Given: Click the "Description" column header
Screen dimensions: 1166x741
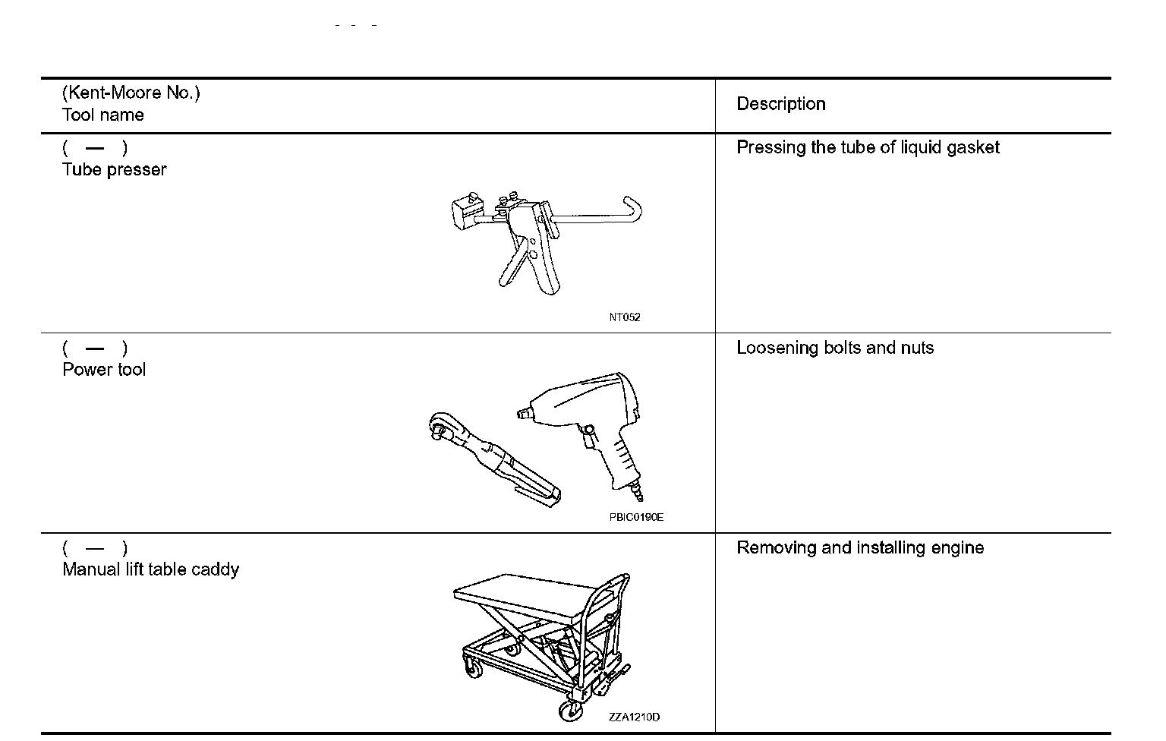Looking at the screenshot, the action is [x=780, y=104].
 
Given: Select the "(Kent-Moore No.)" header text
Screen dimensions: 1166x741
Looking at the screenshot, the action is [x=131, y=93].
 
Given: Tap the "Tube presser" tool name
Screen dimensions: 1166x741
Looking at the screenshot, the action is [x=114, y=169].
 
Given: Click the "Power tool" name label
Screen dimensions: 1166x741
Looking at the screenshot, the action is [x=104, y=370].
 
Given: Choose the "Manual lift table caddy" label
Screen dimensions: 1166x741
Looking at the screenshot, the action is [x=150, y=569].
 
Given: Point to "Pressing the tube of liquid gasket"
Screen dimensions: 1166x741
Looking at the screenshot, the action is [x=868, y=147].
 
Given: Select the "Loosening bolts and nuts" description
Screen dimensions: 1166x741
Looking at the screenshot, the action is [x=835, y=348].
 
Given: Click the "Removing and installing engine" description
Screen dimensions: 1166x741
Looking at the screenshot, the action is [x=860, y=547].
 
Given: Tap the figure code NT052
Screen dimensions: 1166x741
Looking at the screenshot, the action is [x=624, y=317].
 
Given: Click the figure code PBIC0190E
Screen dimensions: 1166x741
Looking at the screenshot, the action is [x=635, y=517].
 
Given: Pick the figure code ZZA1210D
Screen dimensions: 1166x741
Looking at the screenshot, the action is [x=634, y=717].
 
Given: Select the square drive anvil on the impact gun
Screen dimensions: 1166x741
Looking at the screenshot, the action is [x=522, y=414].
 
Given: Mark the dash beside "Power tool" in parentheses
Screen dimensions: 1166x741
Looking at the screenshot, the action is [x=95, y=348].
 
